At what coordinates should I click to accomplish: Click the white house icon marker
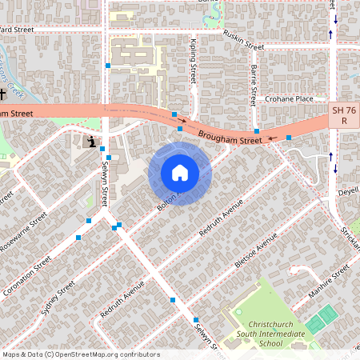point(179,173)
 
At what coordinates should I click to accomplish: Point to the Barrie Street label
point(253,85)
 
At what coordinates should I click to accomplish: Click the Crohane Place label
point(290,99)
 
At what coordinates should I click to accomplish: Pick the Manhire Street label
point(330,284)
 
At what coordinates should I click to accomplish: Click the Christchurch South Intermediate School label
point(262,334)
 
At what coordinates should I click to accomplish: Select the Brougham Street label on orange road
point(230,138)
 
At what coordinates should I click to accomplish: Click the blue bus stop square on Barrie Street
point(256,131)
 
